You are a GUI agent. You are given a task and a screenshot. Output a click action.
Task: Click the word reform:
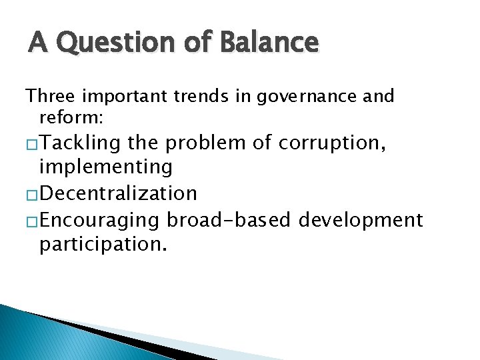coord(65,118)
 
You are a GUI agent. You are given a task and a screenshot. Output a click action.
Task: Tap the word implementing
coord(106,167)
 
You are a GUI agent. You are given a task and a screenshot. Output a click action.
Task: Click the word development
coord(361,219)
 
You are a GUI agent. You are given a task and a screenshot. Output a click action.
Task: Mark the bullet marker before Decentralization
coord(31,194)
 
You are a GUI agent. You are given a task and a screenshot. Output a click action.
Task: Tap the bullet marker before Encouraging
coord(31,220)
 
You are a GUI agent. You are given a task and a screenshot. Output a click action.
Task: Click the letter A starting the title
coord(37,43)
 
